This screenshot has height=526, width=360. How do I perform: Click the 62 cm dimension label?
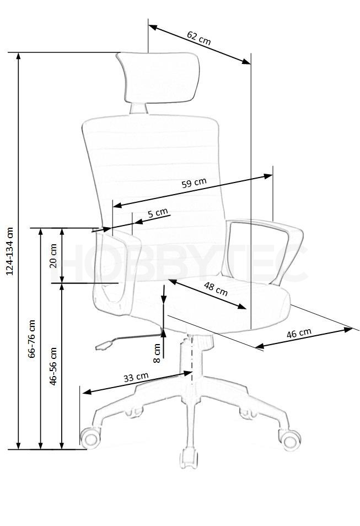[198, 38]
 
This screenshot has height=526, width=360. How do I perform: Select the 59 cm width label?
[194, 183]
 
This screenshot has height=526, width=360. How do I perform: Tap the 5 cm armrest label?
[157, 213]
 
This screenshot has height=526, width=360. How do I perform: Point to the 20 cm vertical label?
[53, 256]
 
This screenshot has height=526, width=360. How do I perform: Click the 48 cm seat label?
[216, 289]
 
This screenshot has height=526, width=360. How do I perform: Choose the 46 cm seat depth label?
[299, 333]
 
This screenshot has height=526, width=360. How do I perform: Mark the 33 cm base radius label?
[136, 377]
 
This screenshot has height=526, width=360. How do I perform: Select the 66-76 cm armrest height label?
[31, 339]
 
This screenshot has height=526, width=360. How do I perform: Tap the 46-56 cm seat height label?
[53, 366]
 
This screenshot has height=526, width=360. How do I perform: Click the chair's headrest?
[158, 78]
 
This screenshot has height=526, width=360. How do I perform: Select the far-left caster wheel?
[90, 438]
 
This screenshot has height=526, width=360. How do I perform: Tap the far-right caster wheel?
[290, 439]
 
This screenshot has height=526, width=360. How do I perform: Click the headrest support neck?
[138, 109]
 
